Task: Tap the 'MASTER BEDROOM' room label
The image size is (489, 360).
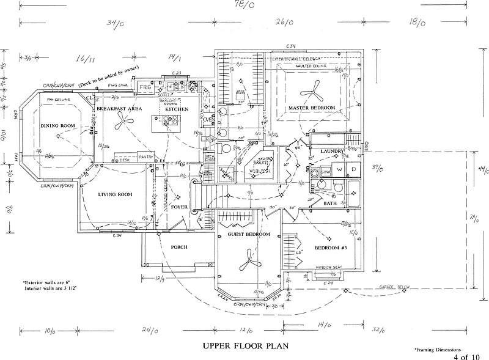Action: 312,108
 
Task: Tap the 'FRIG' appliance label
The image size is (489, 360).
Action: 145,88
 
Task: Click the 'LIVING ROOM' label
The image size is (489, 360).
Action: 115,195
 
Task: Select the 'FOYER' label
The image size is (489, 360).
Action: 179,207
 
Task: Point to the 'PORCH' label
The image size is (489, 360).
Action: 178,247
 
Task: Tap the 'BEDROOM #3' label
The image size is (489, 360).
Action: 331,248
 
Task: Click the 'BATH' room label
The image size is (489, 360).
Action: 330,203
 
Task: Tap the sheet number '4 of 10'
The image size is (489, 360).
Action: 467,356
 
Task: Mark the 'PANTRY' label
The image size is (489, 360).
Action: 145,157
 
